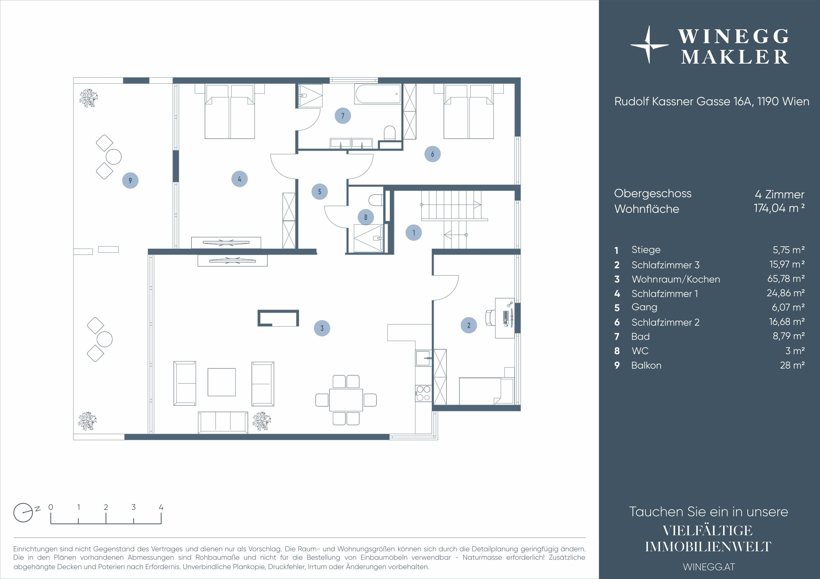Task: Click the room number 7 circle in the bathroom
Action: pos(342,116)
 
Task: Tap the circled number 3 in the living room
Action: pos(322,328)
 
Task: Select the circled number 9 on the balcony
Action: pos(130,181)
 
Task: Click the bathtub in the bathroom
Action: pos(377,94)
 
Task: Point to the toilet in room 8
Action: pos(376,200)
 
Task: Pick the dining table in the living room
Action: pos(346,400)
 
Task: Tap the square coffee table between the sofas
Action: pos(221,382)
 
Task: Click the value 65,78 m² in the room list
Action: pos(786,279)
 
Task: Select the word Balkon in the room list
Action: pos(646,365)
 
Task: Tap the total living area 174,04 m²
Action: pos(779,208)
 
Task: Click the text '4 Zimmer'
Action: pos(779,194)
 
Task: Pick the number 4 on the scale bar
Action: pos(161,507)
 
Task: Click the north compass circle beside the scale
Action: pos(23,513)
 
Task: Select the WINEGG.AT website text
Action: pos(709,566)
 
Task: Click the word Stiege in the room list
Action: pos(646,250)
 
